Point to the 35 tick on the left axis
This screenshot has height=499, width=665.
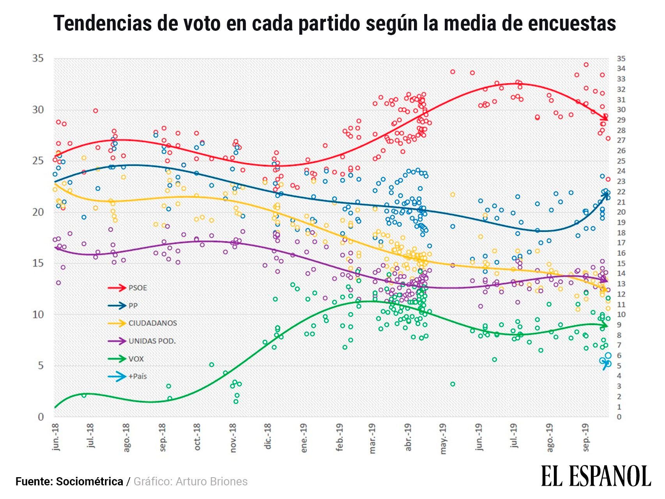[37, 59]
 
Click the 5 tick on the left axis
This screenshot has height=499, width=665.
[41, 366]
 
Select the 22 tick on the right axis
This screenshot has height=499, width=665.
[621, 192]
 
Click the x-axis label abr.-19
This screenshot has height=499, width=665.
[409, 437]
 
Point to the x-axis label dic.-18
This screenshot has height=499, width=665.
[268, 437]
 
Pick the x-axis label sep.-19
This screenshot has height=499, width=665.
[585, 437]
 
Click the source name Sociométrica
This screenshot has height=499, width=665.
[90, 482]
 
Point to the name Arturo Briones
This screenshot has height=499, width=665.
[212, 482]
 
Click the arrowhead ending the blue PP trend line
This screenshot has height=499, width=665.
[607, 193]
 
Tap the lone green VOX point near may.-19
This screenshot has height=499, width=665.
[453, 384]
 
